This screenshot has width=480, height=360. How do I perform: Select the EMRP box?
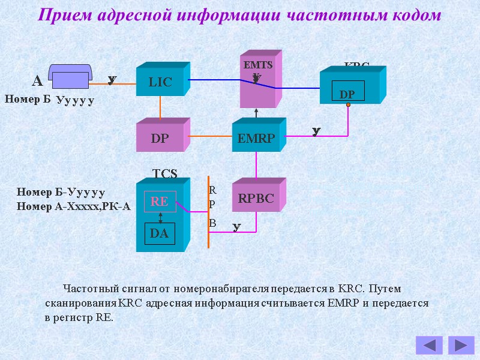tap(256, 139)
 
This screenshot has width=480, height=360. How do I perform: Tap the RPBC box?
tap(256, 199)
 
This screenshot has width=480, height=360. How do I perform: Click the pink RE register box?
tap(159, 202)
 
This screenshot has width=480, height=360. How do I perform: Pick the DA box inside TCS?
tap(160, 234)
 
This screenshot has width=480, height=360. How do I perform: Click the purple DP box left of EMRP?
tap(160, 139)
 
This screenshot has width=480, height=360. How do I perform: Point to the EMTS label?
tap(258, 65)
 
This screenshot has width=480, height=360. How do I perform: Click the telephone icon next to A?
tap(70, 77)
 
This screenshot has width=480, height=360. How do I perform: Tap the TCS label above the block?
tap(164, 174)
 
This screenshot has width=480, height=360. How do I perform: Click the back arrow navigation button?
tap(429, 345)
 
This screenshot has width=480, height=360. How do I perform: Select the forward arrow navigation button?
tap(461, 345)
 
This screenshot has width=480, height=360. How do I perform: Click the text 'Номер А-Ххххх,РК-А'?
tap(74, 206)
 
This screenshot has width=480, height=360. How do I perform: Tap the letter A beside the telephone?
tap(37, 81)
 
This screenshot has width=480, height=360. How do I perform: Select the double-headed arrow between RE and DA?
tap(160, 217)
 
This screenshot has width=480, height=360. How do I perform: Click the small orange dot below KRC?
tap(348, 105)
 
